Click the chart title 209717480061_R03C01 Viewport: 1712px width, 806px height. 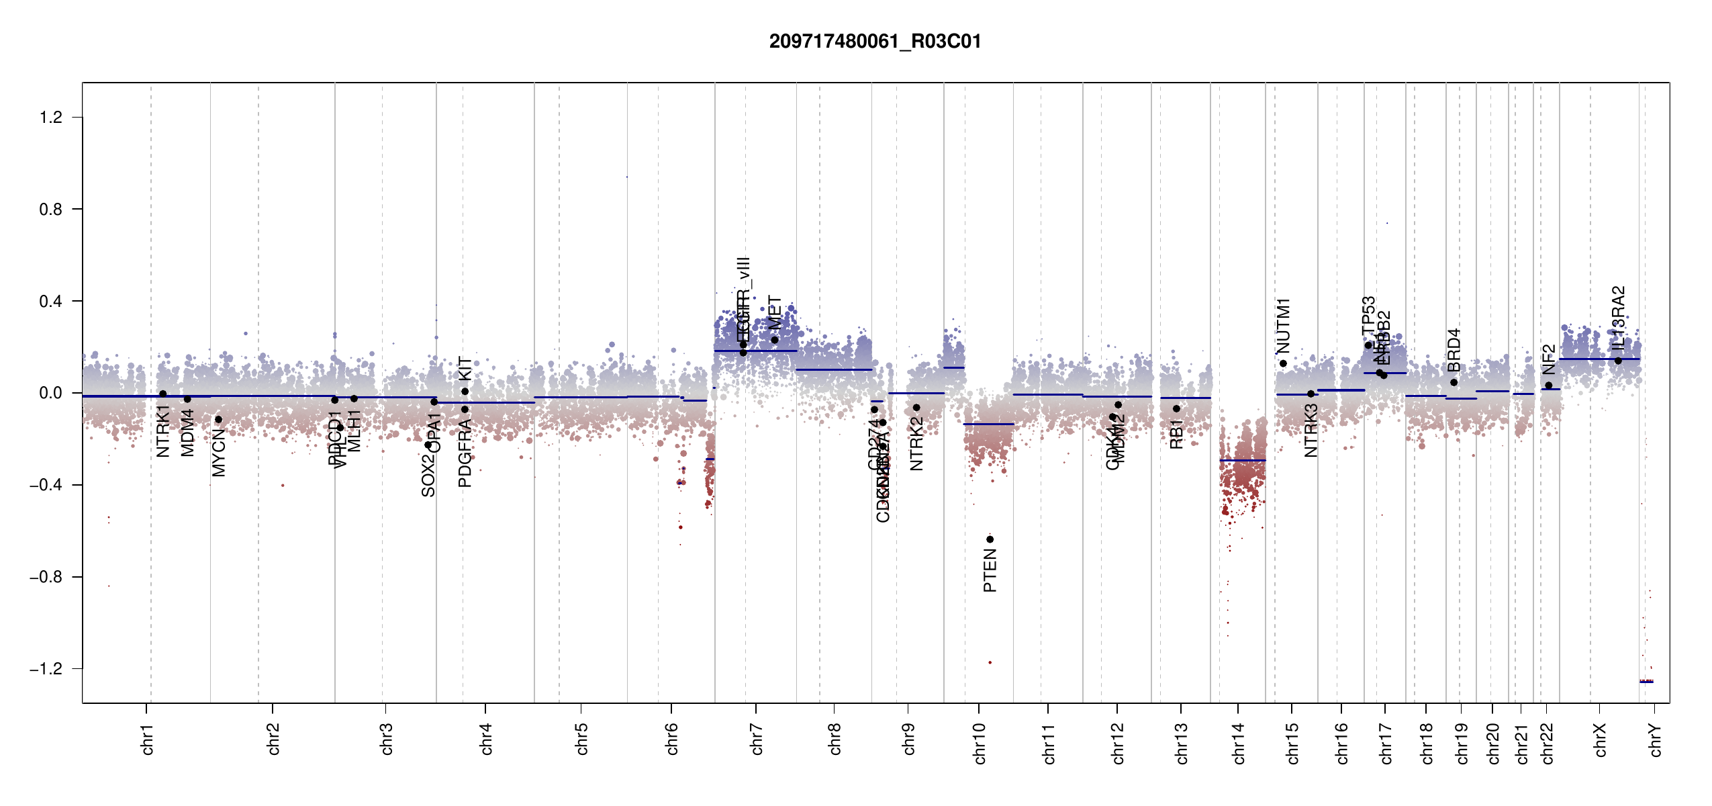tap(875, 42)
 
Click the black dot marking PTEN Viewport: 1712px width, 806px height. tap(990, 539)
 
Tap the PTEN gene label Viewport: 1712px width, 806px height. tap(990, 570)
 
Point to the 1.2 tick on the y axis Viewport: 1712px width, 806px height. tap(51, 118)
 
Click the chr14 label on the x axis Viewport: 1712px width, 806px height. tap(1239, 744)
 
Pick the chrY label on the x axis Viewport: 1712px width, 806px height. tap(1656, 740)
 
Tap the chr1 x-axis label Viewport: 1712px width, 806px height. tap(148, 740)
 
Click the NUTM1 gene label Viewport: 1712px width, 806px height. tap(1283, 326)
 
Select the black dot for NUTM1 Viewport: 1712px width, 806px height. tap(1283, 363)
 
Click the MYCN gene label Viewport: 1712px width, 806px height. tap(218, 453)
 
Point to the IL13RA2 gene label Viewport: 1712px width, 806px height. tap(1618, 318)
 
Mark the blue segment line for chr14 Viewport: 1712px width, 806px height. tap(1242, 460)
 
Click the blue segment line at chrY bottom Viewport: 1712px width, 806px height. tap(1646, 682)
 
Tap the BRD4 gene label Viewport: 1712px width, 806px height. tap(1454, 350)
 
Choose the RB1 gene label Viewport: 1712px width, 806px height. tap(1176, 435)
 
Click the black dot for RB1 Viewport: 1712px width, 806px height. tap(1176, 408)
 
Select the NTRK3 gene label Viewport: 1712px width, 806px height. tap(1311, 431)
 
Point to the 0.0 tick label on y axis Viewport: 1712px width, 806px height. tap(51, 393)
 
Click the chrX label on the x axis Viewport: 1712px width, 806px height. tap(1601, 740)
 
